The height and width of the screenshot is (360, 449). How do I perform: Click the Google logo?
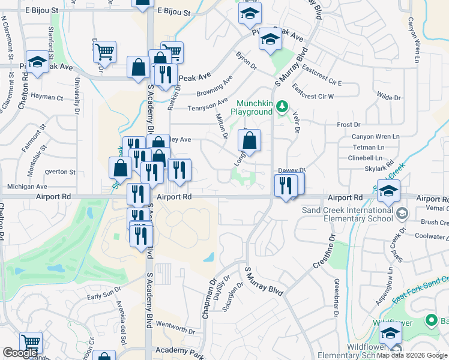point(20,353)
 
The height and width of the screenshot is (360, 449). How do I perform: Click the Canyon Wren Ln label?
point(375,137)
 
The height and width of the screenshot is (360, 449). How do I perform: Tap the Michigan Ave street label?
point(27,187)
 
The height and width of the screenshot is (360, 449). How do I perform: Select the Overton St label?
point(60,172)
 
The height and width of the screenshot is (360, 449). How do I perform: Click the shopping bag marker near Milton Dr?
point(249,141)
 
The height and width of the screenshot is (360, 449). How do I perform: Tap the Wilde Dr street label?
point(388,97)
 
